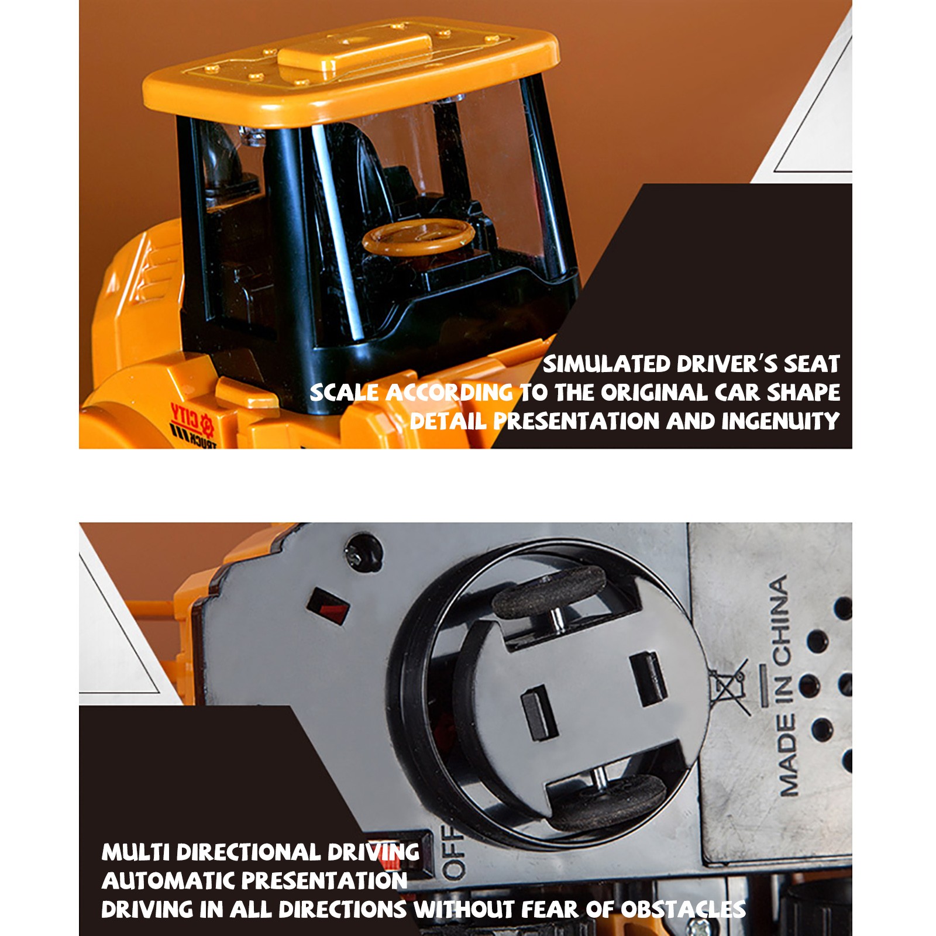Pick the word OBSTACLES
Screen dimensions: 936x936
tap(683, 909)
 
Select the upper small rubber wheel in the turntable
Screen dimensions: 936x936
tap(548, 591)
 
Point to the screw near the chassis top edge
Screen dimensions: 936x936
tap(363, 550)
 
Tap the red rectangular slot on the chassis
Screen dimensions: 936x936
tap(328, 605)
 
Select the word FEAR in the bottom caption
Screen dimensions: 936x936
tap(548, 909)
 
